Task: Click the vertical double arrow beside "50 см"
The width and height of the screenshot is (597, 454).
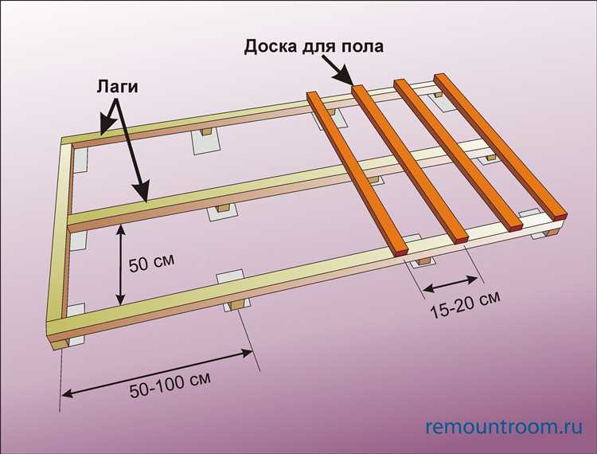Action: (119, 264)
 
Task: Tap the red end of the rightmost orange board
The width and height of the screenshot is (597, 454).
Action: (563, 213)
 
